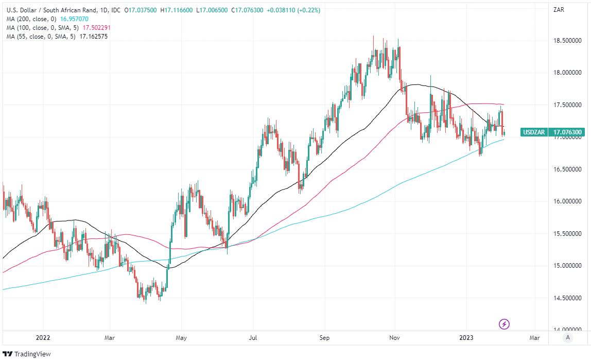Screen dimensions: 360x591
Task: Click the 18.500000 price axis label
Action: [x=567, y=41]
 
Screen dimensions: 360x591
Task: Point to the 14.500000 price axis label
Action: [x=567, y=298]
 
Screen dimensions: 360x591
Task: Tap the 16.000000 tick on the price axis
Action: [x=567, y=202]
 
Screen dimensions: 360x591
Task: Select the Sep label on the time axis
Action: [x=324, y=338]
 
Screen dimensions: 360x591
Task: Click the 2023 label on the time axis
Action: [x=466, y=338]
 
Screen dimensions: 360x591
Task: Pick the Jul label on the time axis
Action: [x=252, y=338]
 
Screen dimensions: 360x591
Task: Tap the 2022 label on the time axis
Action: [x=43, y=338]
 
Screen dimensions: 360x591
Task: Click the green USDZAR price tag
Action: [x=534, y=132]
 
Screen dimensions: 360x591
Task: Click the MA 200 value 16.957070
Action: [x=74, y=19]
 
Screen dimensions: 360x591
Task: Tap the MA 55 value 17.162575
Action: [x=90, y=37]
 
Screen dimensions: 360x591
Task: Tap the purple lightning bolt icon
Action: [x=505, y=324]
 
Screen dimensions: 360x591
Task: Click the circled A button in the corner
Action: [x=567, y=338]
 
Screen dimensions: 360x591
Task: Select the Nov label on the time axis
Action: [x=394, y=338]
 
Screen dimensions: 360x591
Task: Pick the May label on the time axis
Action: [x=181, y=338]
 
